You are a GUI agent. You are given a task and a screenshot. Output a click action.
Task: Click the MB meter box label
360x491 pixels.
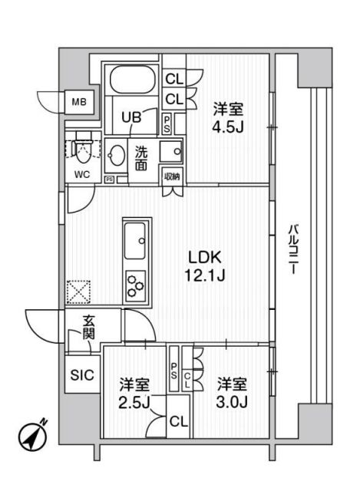tap(79, 101)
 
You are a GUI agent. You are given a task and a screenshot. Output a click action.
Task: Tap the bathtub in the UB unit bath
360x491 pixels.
tap(133, 81)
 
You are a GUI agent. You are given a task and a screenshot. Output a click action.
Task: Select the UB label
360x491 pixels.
tap(132, 118)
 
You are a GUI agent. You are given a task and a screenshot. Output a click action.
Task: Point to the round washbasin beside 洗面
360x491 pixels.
tap(117, 154)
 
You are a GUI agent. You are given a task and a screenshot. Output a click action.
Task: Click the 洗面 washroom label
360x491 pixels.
tap(141, 157)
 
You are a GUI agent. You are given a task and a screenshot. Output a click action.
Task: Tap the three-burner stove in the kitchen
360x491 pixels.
tap(137, 287)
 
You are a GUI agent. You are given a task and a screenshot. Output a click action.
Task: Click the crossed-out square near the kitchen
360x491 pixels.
tap(78, 292)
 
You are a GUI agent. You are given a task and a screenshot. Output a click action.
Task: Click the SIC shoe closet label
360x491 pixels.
tap(81, 375)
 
